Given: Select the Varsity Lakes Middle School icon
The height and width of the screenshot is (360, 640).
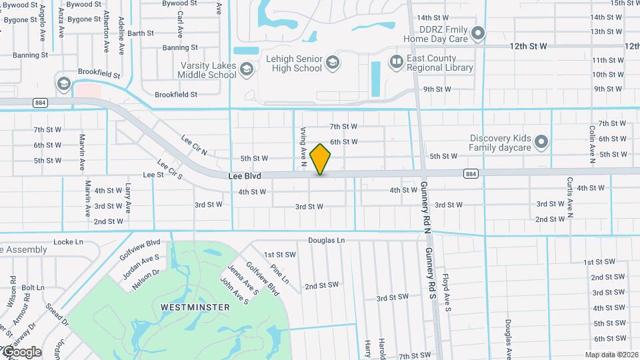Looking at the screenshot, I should tap(247, 69).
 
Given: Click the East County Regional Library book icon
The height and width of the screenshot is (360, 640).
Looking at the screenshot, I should tap(397, 63).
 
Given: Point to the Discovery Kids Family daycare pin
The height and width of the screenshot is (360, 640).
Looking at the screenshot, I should tap(541, 142).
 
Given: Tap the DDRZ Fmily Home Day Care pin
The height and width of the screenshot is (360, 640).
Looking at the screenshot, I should tap(477, 33).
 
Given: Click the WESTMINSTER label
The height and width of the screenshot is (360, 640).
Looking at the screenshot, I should tap(195, 307).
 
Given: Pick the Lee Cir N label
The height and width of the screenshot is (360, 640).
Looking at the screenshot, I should tap(195, 145).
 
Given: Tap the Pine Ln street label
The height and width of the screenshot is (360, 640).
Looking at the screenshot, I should tap(281, 272).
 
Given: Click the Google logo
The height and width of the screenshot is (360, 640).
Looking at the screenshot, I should tap(21, 351).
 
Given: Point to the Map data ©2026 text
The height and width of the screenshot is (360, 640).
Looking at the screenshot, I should tap(610, 354).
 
